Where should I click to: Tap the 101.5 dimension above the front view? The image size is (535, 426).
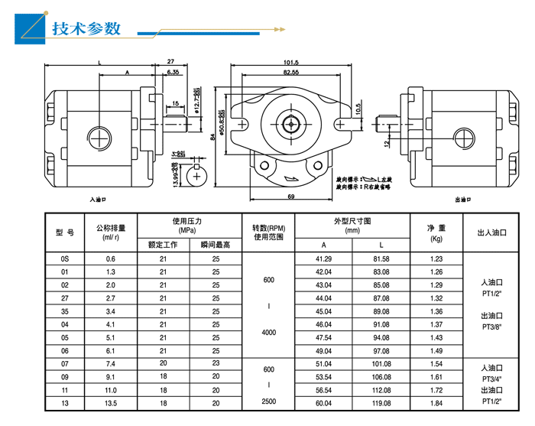290,62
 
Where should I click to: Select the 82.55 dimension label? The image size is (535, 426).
290,72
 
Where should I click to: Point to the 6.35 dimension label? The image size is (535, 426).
172,72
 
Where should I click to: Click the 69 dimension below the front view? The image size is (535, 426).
291,197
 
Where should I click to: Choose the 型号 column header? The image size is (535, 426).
65,233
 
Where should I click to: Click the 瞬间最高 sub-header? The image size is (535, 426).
216,246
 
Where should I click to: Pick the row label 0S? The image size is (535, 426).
65,259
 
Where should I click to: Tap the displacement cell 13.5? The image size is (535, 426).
111,403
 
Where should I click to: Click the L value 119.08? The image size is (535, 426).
381,403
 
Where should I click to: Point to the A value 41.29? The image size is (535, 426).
323,259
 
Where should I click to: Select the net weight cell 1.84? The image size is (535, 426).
436,403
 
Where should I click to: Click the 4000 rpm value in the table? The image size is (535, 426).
268,333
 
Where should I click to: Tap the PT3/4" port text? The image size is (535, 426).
491,379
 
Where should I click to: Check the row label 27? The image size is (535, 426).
65,298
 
